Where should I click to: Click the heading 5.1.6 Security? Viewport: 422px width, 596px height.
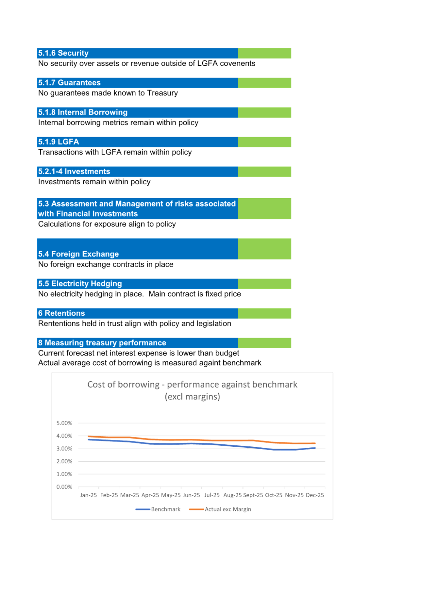[63, 53]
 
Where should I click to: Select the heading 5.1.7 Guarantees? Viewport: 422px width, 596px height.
[69, 83]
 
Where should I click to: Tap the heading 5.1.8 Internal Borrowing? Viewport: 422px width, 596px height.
[83, 112]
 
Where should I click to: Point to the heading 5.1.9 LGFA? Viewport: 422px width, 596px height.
[59, 142]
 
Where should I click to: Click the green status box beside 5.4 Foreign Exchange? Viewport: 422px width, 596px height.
[264, 249]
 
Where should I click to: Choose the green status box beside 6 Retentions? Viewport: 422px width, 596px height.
[264, 313]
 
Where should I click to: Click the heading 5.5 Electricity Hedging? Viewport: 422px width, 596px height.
[80, 284]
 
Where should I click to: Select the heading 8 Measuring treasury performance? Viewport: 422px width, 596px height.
[102, 343]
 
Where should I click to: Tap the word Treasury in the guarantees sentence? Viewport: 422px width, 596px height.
[162, 93]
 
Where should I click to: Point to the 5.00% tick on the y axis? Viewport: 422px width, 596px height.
[64, 423]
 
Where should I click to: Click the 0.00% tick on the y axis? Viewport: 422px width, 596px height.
[64, 487]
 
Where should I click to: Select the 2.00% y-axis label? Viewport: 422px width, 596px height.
[64, 461]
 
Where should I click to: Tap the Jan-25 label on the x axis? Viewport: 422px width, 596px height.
[88, 495]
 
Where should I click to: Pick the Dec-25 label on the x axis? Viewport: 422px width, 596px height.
[315, 495]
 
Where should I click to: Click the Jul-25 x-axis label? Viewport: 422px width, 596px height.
[212, 495]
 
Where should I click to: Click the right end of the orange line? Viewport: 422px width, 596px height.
[315, 443]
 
